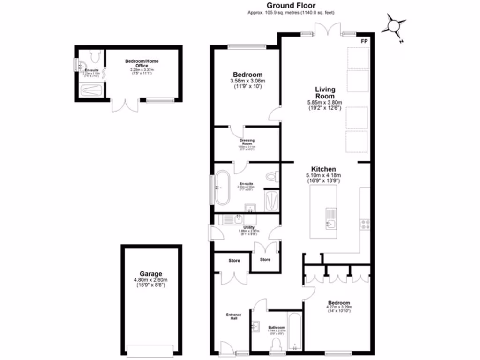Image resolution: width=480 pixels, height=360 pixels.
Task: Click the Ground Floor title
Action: click(x=291, y=6)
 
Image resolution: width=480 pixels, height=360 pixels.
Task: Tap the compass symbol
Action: click(x=394, y=26)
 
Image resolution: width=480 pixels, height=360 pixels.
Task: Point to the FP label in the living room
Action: click(x=364, y=41)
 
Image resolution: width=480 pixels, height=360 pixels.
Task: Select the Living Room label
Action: click(x=324, y=92)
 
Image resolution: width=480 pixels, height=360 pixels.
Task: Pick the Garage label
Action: click(x=150, y=274)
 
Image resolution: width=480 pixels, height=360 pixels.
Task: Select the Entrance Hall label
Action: click(x=234, y=316)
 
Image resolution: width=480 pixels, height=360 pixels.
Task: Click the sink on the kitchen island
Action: click(x=331, y=218)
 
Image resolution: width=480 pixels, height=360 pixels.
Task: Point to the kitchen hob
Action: click(x=365, y=225)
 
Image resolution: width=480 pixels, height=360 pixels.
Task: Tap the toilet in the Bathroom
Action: click(x=277, y=345)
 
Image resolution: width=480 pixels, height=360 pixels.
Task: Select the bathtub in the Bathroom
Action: click(x=294, y=333)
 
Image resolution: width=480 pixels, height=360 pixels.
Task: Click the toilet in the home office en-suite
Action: click(x=94, y=57)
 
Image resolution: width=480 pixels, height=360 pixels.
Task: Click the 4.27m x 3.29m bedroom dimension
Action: click(x=338, y=308)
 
